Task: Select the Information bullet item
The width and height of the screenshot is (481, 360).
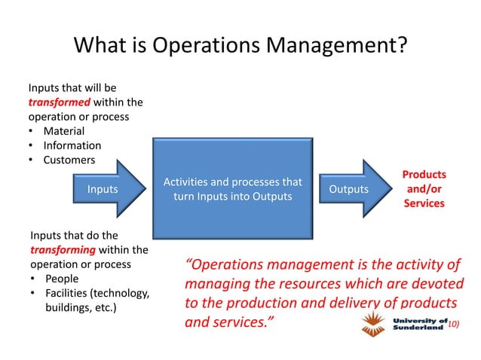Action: click(72, 146)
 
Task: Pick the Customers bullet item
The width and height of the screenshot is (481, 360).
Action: click(69, 160)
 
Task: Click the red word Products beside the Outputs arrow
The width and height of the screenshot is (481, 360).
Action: click(422, 174)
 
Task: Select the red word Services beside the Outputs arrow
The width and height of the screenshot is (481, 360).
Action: click(422, 203)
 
